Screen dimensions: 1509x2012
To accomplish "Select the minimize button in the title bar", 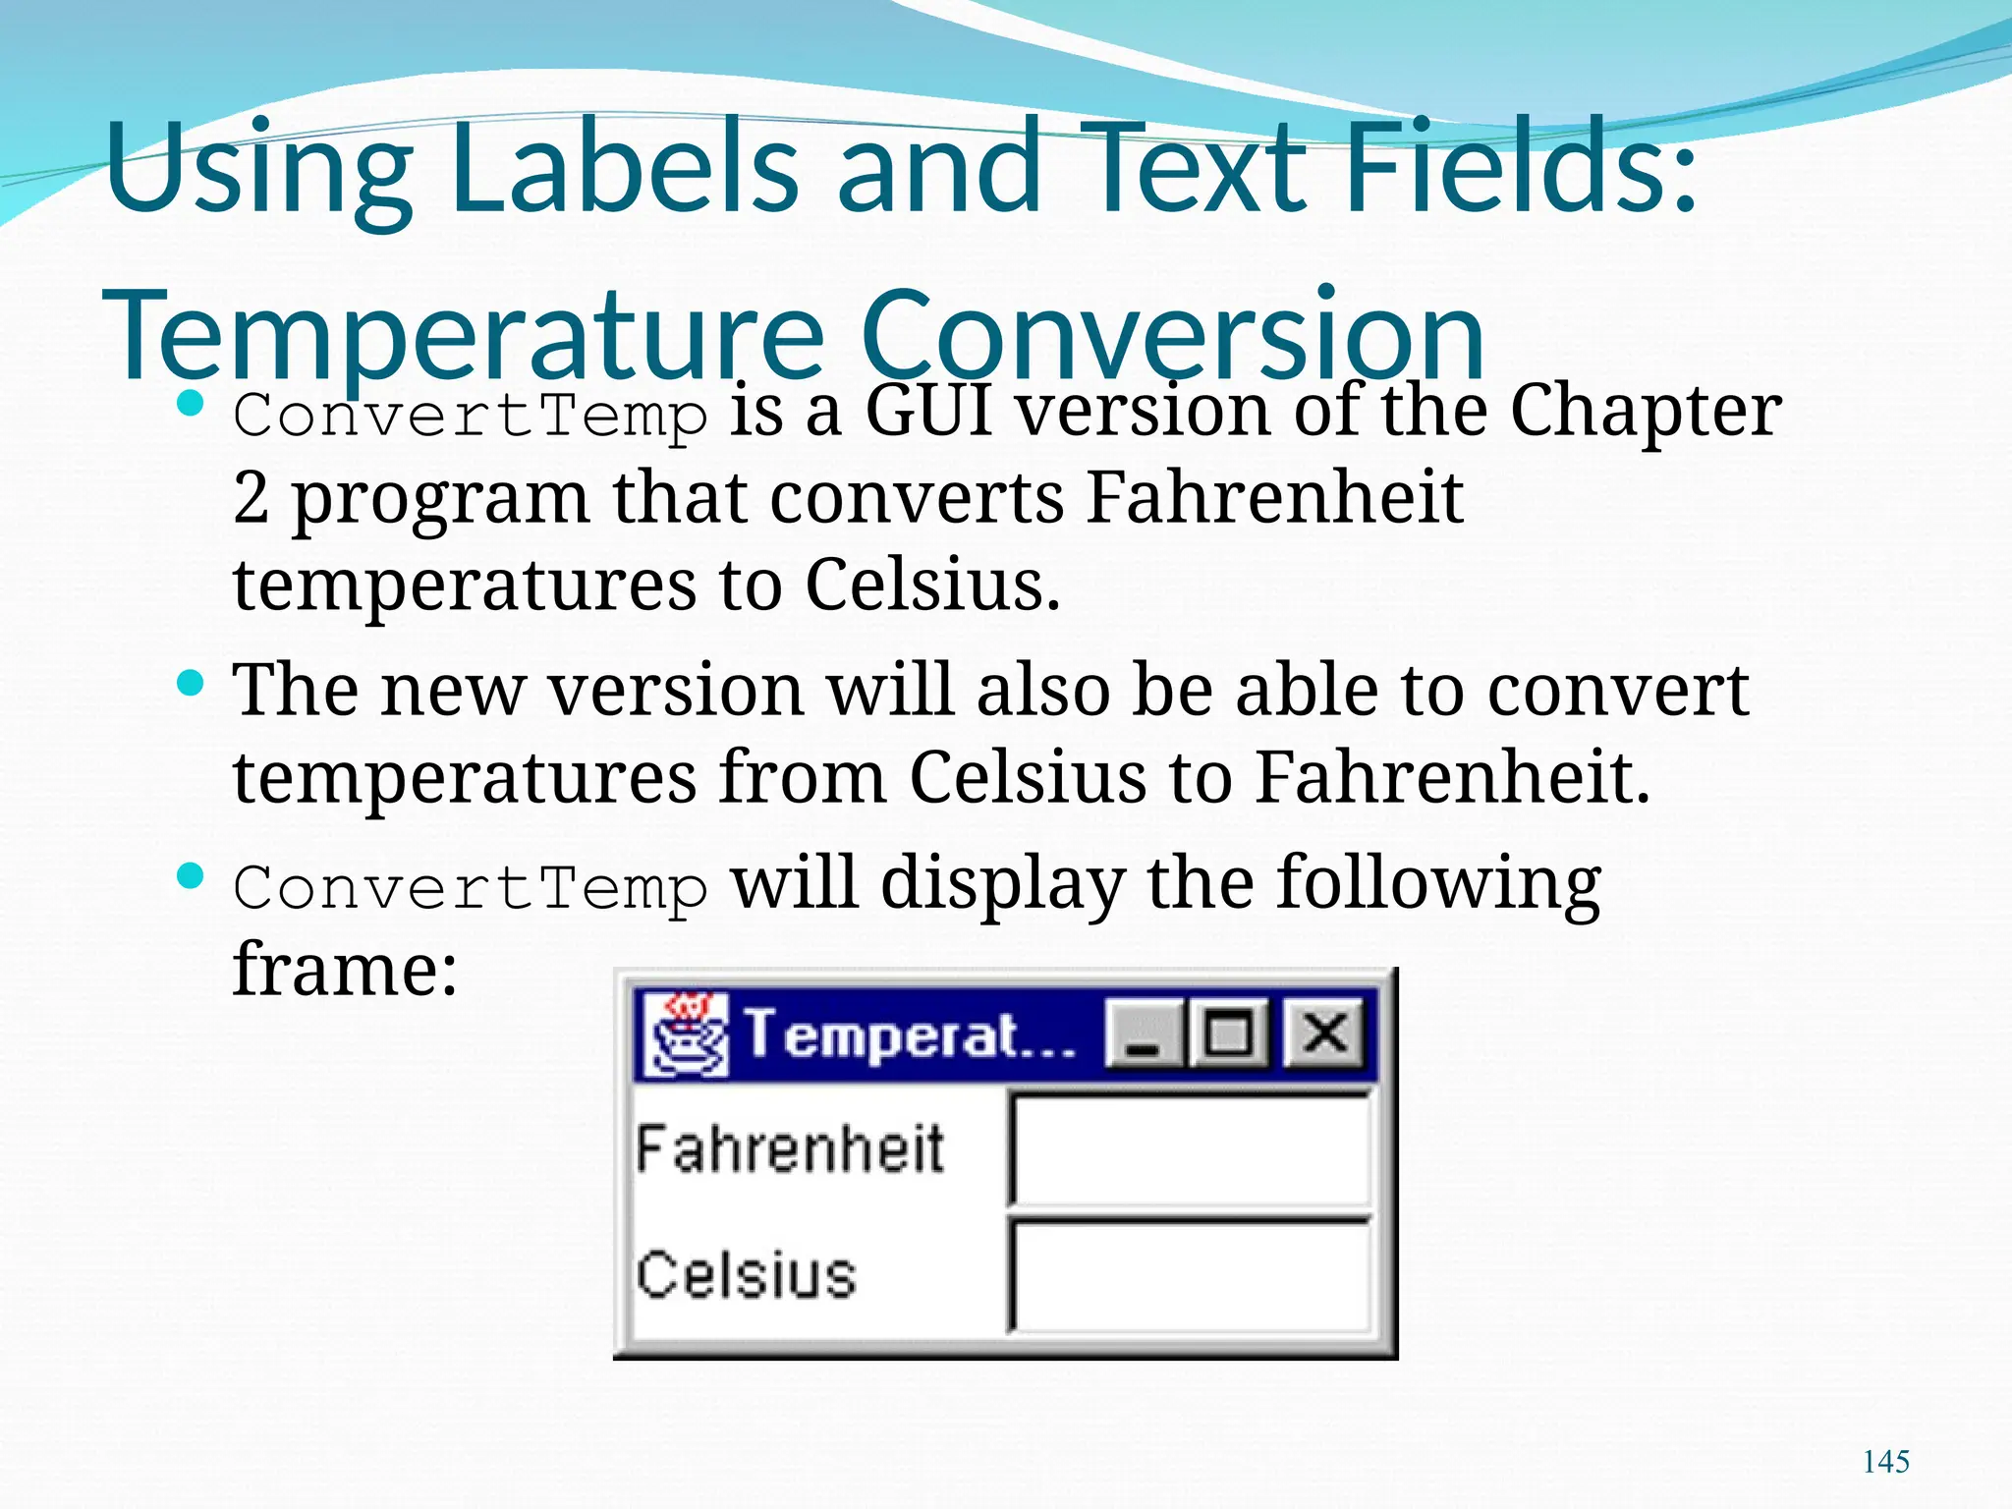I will [x=1143, y=1034].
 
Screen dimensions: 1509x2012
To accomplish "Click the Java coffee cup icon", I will [x=686, y=1034].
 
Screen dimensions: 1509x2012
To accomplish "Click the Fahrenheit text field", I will [x=1191, y=1149].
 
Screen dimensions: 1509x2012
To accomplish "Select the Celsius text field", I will [x=1191, y=1276].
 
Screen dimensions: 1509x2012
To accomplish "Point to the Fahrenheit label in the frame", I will [x=789, y=1149].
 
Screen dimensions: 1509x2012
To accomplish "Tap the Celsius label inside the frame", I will [x=746, y=1276].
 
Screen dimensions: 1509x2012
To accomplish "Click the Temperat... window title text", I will [x=909, y=1034].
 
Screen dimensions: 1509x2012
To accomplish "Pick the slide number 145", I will [x=1885, y=1462].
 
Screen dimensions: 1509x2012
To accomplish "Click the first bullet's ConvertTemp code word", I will [x=470, y=416].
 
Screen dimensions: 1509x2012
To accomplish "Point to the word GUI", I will [x=927, y=411].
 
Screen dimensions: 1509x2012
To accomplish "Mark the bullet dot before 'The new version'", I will [x=191, y=683].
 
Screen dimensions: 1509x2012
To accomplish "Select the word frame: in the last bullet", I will [x=345, y=970].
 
